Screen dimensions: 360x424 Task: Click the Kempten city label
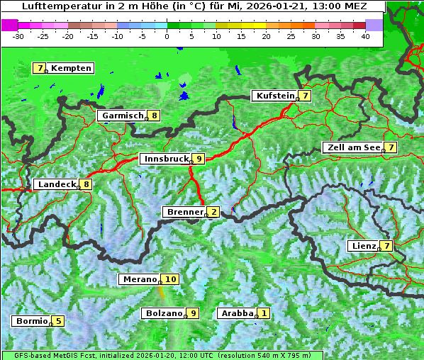[71, 68]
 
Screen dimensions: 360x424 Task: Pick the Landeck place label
[56, 184]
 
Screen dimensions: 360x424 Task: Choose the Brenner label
[184, 212]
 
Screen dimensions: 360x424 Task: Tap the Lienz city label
[364, 246]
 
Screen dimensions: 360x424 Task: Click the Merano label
[140, 279]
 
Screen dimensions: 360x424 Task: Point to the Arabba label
[238, 313]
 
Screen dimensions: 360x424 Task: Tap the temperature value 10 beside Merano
[171, 279]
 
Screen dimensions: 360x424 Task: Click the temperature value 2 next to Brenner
[213, 212]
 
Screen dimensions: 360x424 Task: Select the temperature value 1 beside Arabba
[264, 313]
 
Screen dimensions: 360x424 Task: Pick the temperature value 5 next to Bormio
[58, 321]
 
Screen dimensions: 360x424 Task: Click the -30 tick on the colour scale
[18, 35]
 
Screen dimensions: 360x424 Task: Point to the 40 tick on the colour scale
[365, 35]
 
